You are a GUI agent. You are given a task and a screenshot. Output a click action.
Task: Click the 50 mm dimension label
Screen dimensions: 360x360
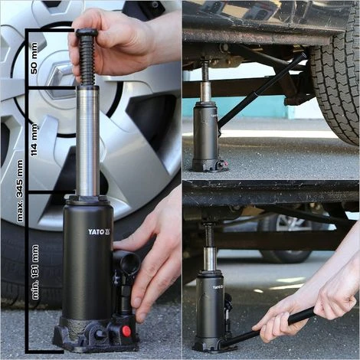point(34,58)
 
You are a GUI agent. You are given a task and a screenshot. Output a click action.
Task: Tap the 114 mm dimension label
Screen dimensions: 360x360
point(34,140)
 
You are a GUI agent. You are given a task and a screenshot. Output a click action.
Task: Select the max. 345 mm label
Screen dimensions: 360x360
point(19,191)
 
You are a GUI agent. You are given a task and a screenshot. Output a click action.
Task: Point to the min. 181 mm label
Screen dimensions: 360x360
point(35,272)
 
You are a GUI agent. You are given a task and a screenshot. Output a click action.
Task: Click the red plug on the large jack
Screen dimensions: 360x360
point(126,331)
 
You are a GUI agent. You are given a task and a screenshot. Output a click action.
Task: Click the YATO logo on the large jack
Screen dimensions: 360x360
point(100,231)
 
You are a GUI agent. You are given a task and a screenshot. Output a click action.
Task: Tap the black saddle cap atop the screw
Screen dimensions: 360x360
point(87,32)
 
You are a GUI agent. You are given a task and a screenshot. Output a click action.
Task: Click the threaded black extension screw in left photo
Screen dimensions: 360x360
point(87,60)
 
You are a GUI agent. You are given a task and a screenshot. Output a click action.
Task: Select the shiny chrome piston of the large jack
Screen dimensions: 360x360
point(88,141)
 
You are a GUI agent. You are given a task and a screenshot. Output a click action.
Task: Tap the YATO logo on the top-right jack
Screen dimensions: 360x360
point(214,116)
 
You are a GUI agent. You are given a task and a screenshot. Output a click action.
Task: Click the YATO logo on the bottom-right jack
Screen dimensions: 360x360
point(218,287)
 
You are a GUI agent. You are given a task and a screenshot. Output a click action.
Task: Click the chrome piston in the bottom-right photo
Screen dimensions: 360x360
point(211,259)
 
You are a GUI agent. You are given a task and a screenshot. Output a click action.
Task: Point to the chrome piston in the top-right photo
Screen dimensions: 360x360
point(205,91)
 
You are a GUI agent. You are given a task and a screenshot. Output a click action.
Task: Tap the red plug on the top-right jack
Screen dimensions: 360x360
point(224,163)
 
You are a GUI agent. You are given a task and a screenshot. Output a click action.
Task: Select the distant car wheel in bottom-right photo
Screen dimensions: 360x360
point(285,239)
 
